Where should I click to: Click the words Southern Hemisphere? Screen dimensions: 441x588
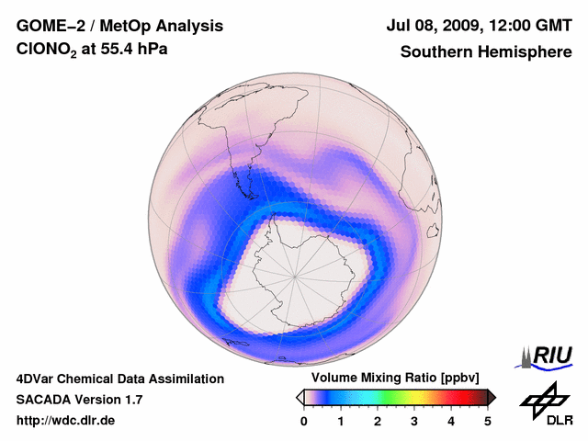[x=484, y=52]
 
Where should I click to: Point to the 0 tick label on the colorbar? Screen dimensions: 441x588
[x=304, y=421]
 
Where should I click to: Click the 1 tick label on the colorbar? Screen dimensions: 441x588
[x=341, y=421]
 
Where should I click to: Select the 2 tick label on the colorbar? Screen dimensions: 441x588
[x=378, y=421]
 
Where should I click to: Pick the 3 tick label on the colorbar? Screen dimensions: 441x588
[x=414, y=421]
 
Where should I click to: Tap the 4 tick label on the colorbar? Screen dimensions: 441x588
[x=451, y=421]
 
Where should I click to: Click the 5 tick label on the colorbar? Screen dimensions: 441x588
[x=488, y=421]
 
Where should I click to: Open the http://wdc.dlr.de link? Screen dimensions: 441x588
[x=66, y=421]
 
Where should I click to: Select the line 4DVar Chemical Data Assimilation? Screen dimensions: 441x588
[x=119, y=379]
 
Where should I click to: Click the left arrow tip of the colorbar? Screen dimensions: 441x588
[x=299, y=397]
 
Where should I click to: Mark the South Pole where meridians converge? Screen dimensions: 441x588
[x=295, y=275]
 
